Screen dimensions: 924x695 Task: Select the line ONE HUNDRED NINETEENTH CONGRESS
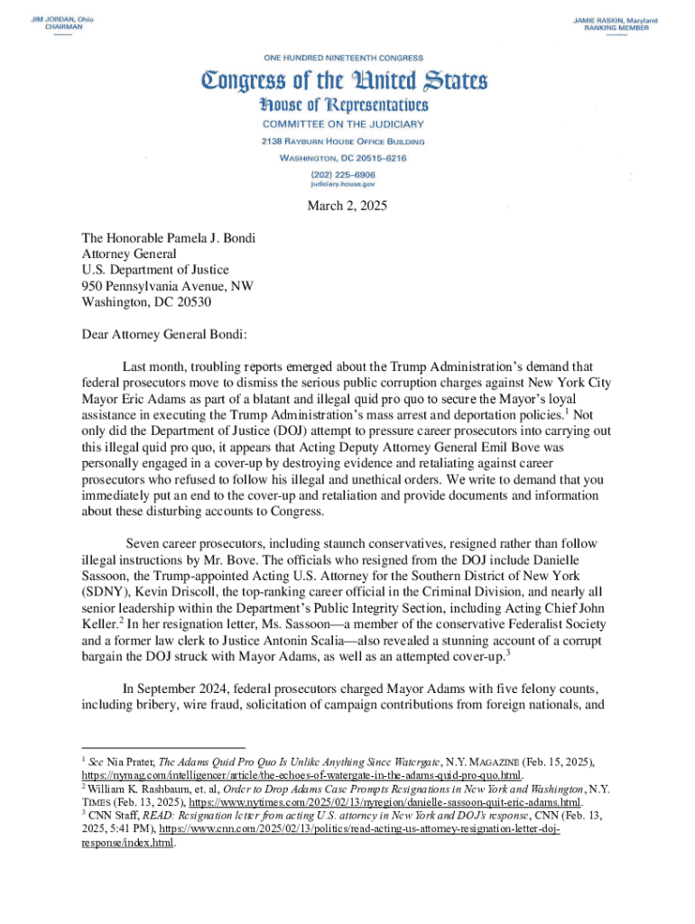343,57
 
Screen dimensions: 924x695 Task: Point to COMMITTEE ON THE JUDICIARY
343,124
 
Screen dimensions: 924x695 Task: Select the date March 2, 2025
347,206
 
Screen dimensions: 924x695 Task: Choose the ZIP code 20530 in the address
193,302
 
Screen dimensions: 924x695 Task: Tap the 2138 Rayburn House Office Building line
343,141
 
